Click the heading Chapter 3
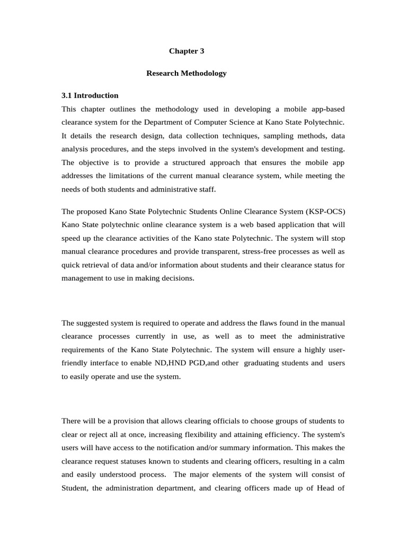click(x=187, y=51)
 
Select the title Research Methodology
click(x=187, y=73)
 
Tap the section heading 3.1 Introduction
click(x=90, y=95)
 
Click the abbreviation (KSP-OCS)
click(x=324, y=212)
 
